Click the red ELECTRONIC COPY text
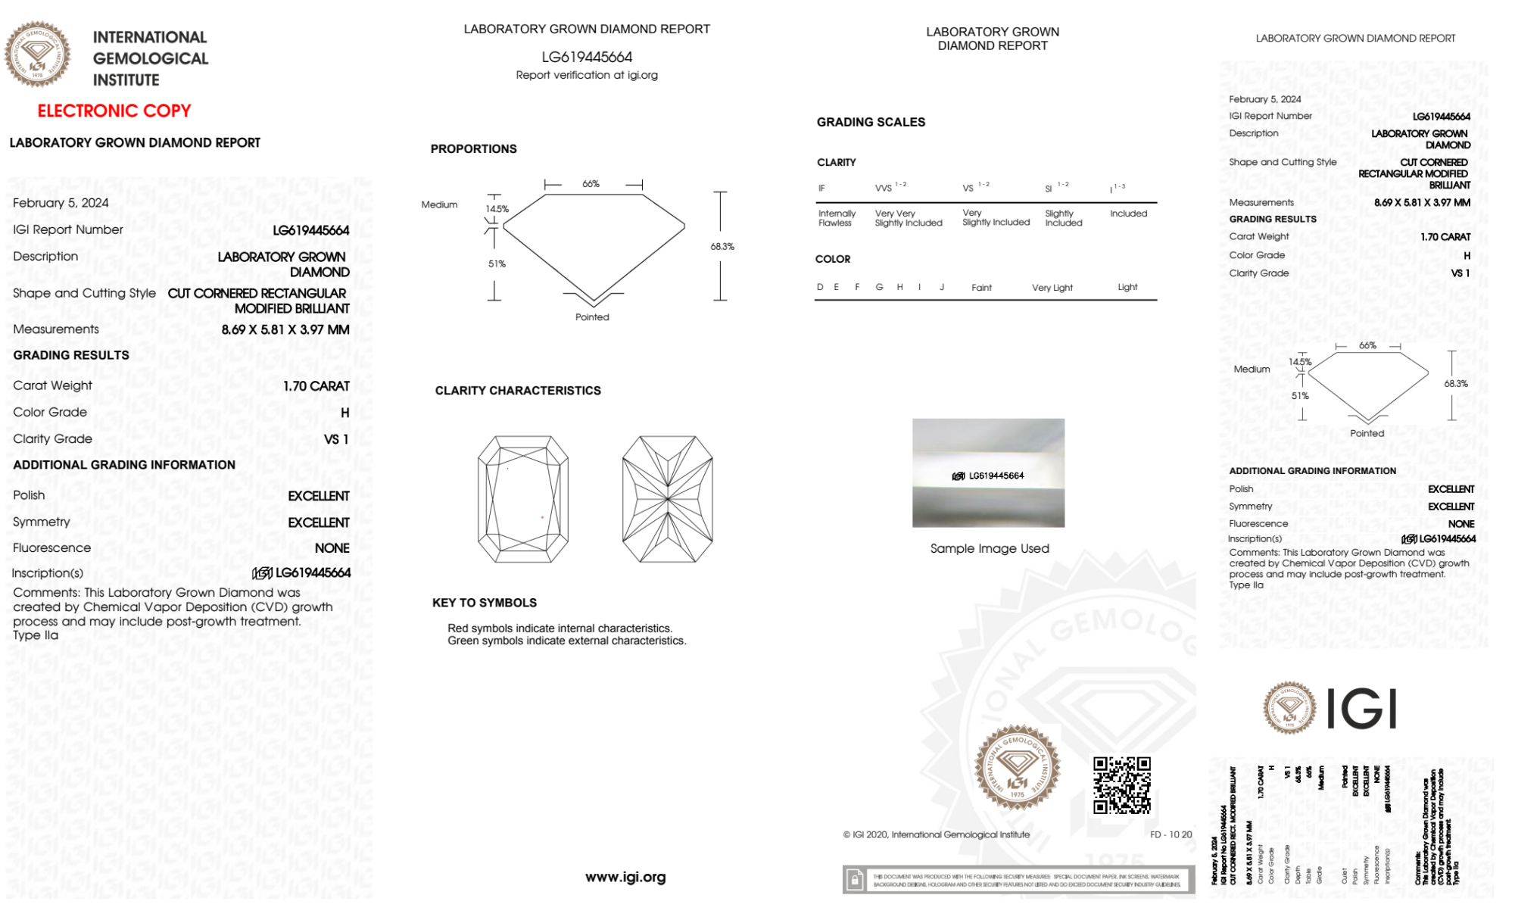tap(114, 111)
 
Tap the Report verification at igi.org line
tap(587, 75)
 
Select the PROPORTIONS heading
tap(473, 148)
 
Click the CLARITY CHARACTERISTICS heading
tap(518, 390)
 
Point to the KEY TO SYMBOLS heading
tap(485, 603)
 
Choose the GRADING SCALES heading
tap(871, 122)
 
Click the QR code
tap(1121, 785)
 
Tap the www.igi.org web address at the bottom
tap(625, 877)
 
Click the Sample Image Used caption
tap(990, 548)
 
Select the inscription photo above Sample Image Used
tap(988, 472)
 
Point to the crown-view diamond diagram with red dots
tap(523, 499)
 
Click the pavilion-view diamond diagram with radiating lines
tap(667, 499)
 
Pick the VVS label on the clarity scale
tap(884, 188)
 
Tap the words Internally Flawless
tap(837, 218)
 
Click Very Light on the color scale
tap(1052, 288)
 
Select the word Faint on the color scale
tap(981, 288)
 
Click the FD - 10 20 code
tap(1171, 834)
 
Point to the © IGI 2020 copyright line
tap(937, 834)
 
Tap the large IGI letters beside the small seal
tap(1362, 709)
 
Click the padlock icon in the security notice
tap(855, 880)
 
